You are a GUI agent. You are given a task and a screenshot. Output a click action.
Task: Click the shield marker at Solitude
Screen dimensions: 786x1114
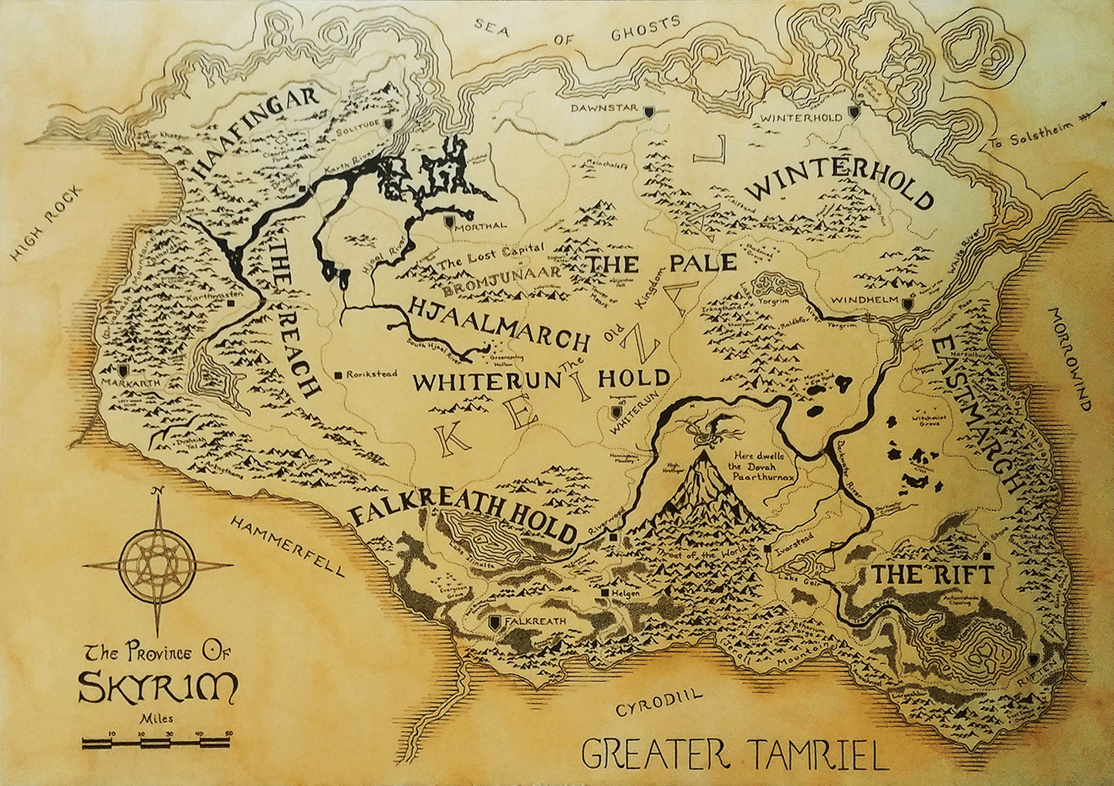pyautogui.click(x=388, y=123)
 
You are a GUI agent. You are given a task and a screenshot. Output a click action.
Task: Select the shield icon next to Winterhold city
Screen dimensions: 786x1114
pyautogui.click(x=854, y=113)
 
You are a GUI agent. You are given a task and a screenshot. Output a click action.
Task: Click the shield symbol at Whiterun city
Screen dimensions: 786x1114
pyautogui.click(x=615, y=412)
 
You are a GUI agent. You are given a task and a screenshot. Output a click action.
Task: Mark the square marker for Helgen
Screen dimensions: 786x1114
pyautogui.click(x=605, y=593)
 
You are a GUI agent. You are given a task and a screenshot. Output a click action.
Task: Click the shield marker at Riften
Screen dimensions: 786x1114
pyautogui.click(x=1034, y=660)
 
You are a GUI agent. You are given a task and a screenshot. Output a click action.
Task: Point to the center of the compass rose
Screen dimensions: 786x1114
pyautogui.click(x=157, y=564)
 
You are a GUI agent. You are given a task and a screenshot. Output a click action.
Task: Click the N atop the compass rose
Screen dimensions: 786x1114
pyautogui.click(x=157, y=492)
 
